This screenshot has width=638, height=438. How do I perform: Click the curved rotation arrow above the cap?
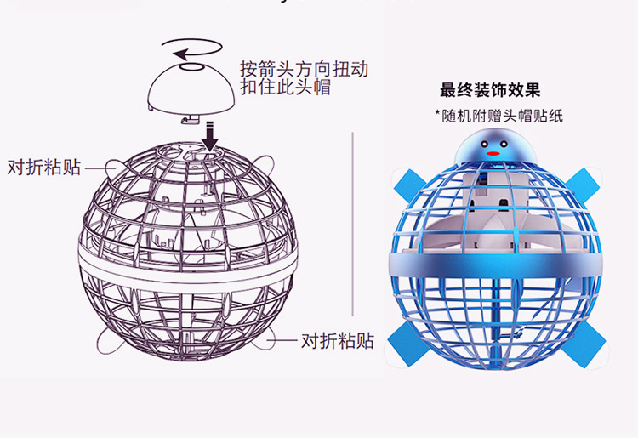192,40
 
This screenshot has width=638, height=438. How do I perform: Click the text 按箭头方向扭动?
304,69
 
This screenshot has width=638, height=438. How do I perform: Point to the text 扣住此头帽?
285,88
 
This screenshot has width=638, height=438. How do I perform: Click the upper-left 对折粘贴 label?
44,168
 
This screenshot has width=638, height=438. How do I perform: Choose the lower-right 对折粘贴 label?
338,340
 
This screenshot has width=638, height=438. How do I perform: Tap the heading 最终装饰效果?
490,90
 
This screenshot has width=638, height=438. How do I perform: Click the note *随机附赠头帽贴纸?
498,116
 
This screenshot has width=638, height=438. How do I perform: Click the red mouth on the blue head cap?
493,154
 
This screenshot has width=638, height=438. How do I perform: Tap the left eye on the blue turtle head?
484,144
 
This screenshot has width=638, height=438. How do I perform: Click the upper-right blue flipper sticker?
582,184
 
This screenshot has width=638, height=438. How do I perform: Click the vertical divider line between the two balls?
353,224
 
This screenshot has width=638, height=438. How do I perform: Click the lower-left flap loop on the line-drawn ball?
110,343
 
